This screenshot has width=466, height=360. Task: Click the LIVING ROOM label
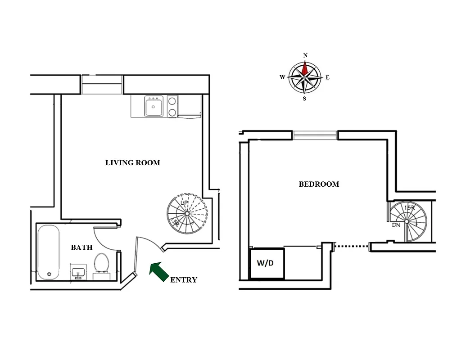coord(132,163)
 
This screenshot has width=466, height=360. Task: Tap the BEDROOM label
coord(319,184)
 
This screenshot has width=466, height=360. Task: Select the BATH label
coord(82,247)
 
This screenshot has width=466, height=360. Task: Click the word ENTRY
coord(184,280)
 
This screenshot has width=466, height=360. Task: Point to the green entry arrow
coord(158,272)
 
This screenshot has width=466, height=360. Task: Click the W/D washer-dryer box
coord(267,263)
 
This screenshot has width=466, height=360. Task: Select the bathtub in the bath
coord(48,252)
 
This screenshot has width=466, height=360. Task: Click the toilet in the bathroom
coord(101,264)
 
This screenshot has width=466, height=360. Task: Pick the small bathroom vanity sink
coord(78,272)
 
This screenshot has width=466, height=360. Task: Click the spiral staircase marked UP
coord(187,213)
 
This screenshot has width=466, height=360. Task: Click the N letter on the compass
coord(305,55)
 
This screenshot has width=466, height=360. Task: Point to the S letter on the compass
coord(304,99)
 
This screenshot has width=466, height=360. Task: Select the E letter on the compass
coord(327,77)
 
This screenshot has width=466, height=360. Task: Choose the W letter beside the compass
coord(282,77)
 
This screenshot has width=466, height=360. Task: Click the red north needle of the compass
coord(305,68)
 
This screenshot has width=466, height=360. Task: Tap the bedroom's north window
coord(315,135)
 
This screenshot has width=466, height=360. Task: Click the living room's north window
coord(102,85)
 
